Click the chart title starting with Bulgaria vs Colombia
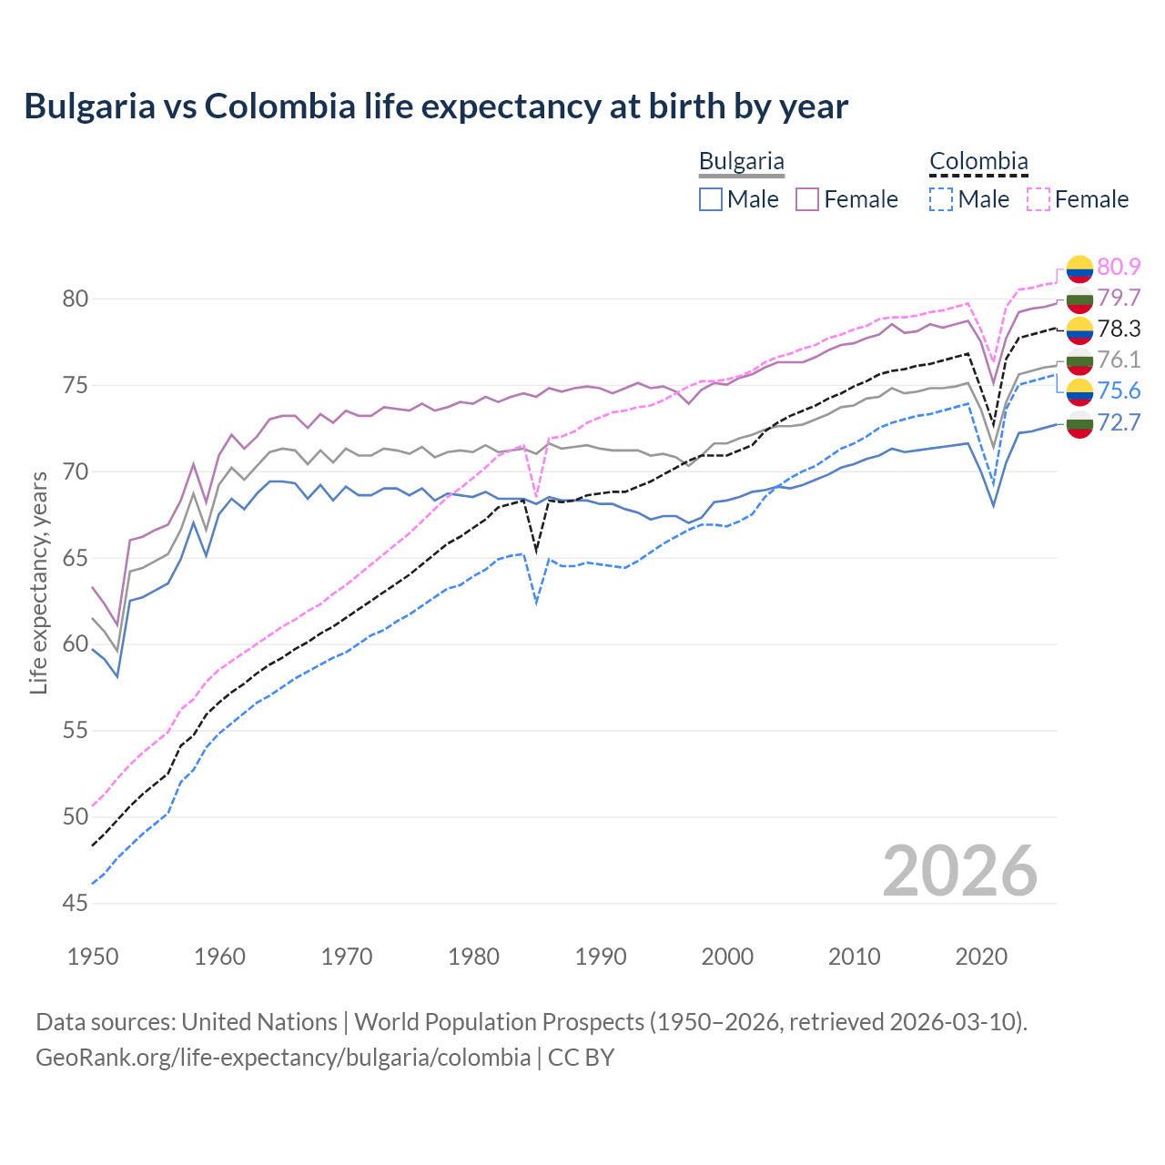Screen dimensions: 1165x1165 (436, 106)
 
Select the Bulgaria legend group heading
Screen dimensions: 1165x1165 (741, 161)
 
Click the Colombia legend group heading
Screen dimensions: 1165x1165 (978, 161)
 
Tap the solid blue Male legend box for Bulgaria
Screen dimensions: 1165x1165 (711, 199)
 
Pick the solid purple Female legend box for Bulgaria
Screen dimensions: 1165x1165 (807, 199)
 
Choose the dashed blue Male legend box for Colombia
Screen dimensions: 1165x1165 (941, 199)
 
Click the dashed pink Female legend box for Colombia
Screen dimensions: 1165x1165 (1038, 199)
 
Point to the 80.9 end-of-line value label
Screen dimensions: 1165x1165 (1119, 267)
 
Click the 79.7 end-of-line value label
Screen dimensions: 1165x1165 (1119, 298)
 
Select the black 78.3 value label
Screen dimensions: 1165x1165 (1119, 329)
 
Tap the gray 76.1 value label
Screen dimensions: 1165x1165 (1119, 360)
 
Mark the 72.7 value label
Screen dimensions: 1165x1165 (1119, 422)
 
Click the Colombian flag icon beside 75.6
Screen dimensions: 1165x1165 (1079, 391)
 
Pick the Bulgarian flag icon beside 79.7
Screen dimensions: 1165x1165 (1079, 299)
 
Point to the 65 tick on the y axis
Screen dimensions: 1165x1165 (76, 558)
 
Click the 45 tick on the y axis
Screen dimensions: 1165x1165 (76, 903)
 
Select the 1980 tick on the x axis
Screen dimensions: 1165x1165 (473, 957)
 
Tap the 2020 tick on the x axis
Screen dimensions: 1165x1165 (981, 957)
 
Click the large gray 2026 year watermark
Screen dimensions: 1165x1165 (959, 871)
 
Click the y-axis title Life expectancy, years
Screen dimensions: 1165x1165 (38, 582)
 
